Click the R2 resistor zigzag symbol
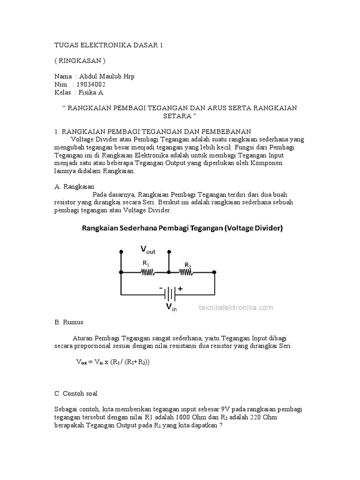click(187, 272)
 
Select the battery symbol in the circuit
click(169, 295)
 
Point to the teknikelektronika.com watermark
click(236, 307)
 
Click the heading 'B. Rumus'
click(69, 322)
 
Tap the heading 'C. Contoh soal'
click(76, 393)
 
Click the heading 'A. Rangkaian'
click(75, 186)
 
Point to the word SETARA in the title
click(180, 116)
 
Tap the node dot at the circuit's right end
click(214, 272)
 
